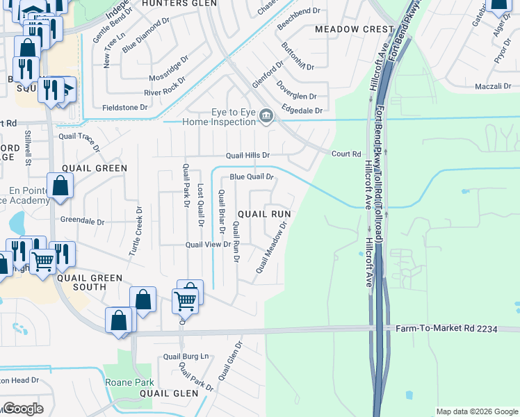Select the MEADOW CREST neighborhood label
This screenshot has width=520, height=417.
(x=355, y=29)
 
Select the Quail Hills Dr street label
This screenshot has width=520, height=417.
(x=247, y=155)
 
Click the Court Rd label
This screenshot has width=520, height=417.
(x=346, y=154)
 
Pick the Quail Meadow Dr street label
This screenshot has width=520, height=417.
(x=271, y=247)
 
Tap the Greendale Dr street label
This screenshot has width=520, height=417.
(x=82, y=222)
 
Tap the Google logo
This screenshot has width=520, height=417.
(x=23, y=408)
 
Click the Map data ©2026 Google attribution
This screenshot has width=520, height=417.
(x=476, y=411)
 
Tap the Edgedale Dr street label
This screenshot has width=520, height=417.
(x=302, y=111)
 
